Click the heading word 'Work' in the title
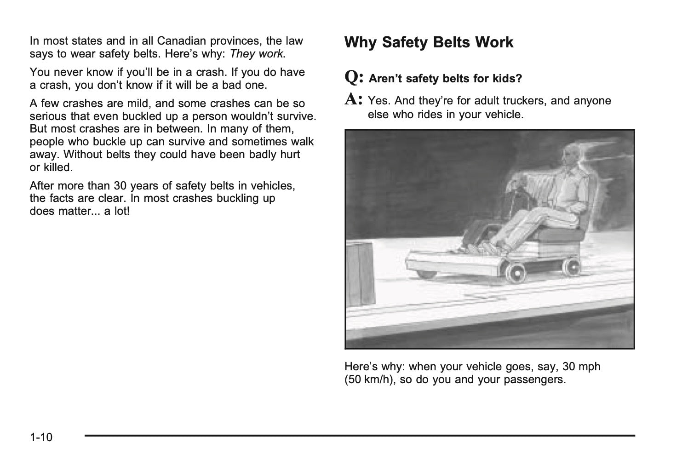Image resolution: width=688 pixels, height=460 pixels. click(494, 42)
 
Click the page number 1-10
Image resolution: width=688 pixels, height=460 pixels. click(41, 437)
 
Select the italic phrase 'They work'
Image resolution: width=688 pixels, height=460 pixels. click(257, 54)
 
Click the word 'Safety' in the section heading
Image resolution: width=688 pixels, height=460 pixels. click(404, 42)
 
